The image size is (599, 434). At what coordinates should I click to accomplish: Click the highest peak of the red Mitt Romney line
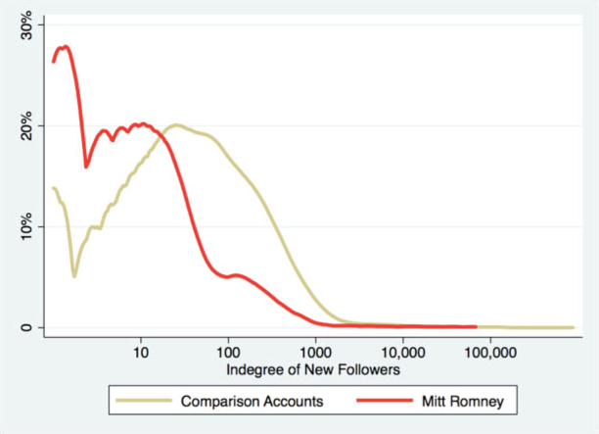tap(65, 46)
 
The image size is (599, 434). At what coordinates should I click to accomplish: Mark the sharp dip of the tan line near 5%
tap(74, 276)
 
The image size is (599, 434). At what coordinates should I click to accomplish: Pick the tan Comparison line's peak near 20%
tap(176, 125)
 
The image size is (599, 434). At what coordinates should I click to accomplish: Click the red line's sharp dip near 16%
tap(86, 167)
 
